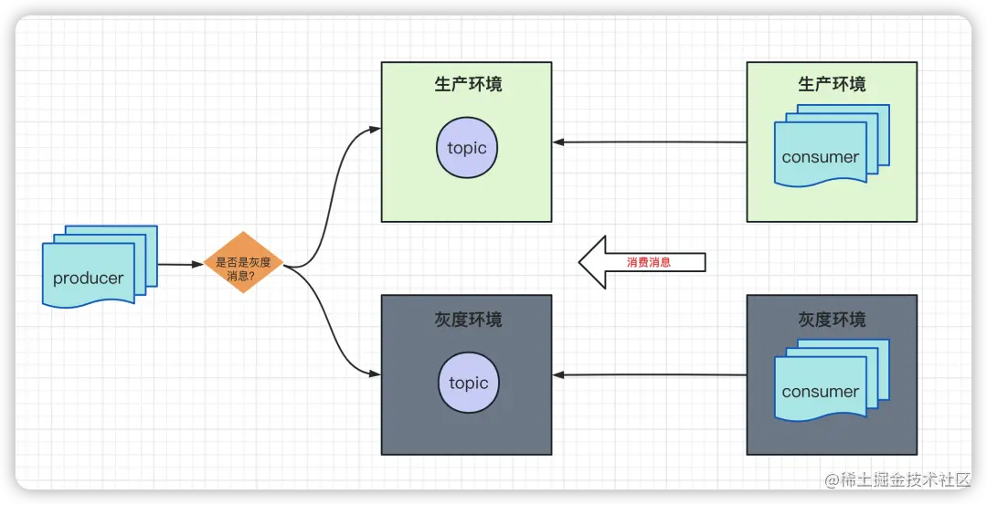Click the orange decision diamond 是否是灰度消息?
coord(243,262)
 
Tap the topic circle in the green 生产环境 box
coord(467,148)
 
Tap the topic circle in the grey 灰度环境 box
coord(468,384)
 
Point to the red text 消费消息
coord(649,262)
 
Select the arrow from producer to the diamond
coord(180,265)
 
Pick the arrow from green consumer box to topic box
coord(649,142)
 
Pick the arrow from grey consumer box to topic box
coord(649,374)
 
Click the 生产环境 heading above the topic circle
coord(468,85)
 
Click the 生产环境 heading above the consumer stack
coord(832,85)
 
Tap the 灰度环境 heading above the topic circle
coord(468,320)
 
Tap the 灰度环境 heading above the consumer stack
coord(832,320)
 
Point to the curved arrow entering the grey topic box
coord(331,338)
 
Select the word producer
coord(88,279)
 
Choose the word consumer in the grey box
coord(821,392)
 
